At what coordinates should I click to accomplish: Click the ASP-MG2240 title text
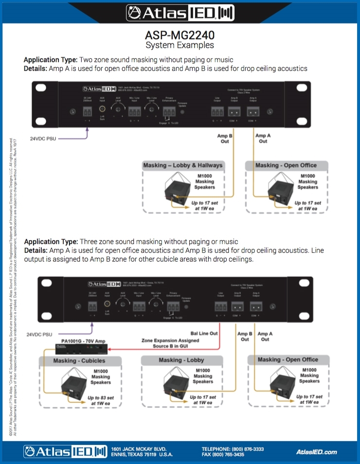pyautogui.click(x=180, y=36)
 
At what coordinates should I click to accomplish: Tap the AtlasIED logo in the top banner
pyautogui.click(x=180, y=12)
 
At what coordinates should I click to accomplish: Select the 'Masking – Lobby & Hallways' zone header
pyautogui.click(x=182, y=165)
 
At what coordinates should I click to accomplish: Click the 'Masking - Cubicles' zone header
pyautogui.click(x=79, y=361)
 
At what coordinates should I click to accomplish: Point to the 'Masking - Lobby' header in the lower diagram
pyautogui.click(x=181, y=360)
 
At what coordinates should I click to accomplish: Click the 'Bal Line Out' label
pyautogui.click(x=204, y=333)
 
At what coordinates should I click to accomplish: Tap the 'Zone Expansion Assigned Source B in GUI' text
pyautogui.click(x=170, y=343)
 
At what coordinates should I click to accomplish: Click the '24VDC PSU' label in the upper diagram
pyautogui.click(x=43, y=139)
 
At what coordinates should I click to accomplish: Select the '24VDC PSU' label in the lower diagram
pyautogui.click(x=40, y=335)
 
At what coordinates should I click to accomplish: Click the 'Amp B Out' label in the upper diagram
pyautogui.click(x=224, y=139)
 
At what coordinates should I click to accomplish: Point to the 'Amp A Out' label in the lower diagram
pyautogui.click(x=265, y=337)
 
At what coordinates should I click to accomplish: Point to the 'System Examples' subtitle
pyautogui.click(x=180, y=46)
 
